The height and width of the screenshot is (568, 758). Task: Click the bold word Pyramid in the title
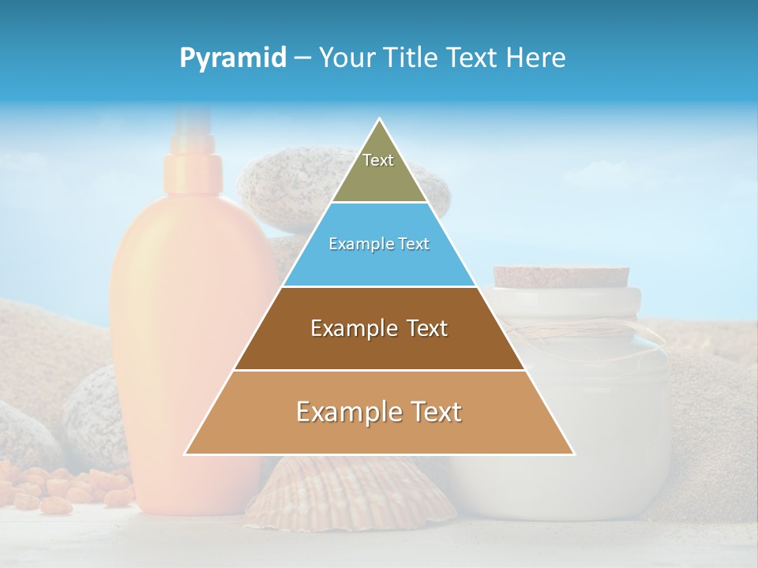(x=232, y=58)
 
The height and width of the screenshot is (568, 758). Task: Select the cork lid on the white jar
(x=561, y=276)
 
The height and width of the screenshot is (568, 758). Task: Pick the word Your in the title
(x=344, y=58)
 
